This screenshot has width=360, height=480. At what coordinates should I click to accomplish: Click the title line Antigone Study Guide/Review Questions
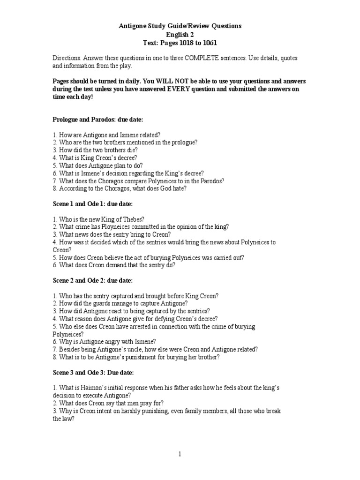coord(180,26)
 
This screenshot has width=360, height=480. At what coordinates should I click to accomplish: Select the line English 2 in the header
coord(180,35)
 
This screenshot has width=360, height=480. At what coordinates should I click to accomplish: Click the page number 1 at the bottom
coord(180,454)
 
